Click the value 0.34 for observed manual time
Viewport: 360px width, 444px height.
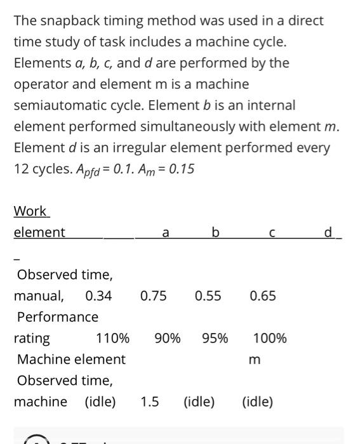click(98, 296)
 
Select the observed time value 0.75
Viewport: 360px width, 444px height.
click(154, 296)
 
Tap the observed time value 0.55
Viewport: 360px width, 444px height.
click(208, 296)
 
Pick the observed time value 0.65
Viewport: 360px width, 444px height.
click(263, 296)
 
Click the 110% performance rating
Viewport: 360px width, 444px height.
click(113, 338)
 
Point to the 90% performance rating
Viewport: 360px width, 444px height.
click(168, 338)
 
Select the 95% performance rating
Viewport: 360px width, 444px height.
click(215, 338)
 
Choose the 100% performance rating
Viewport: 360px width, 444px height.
click(270, 338)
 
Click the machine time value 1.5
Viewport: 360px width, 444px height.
click(150, 402)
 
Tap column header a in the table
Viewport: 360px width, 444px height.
click(166, 233)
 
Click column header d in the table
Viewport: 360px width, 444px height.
click(328, 233)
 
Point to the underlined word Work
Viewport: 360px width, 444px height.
click(30, 211)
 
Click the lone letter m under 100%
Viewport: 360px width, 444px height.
click(254, 360)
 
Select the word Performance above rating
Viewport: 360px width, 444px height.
click(58, 317)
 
